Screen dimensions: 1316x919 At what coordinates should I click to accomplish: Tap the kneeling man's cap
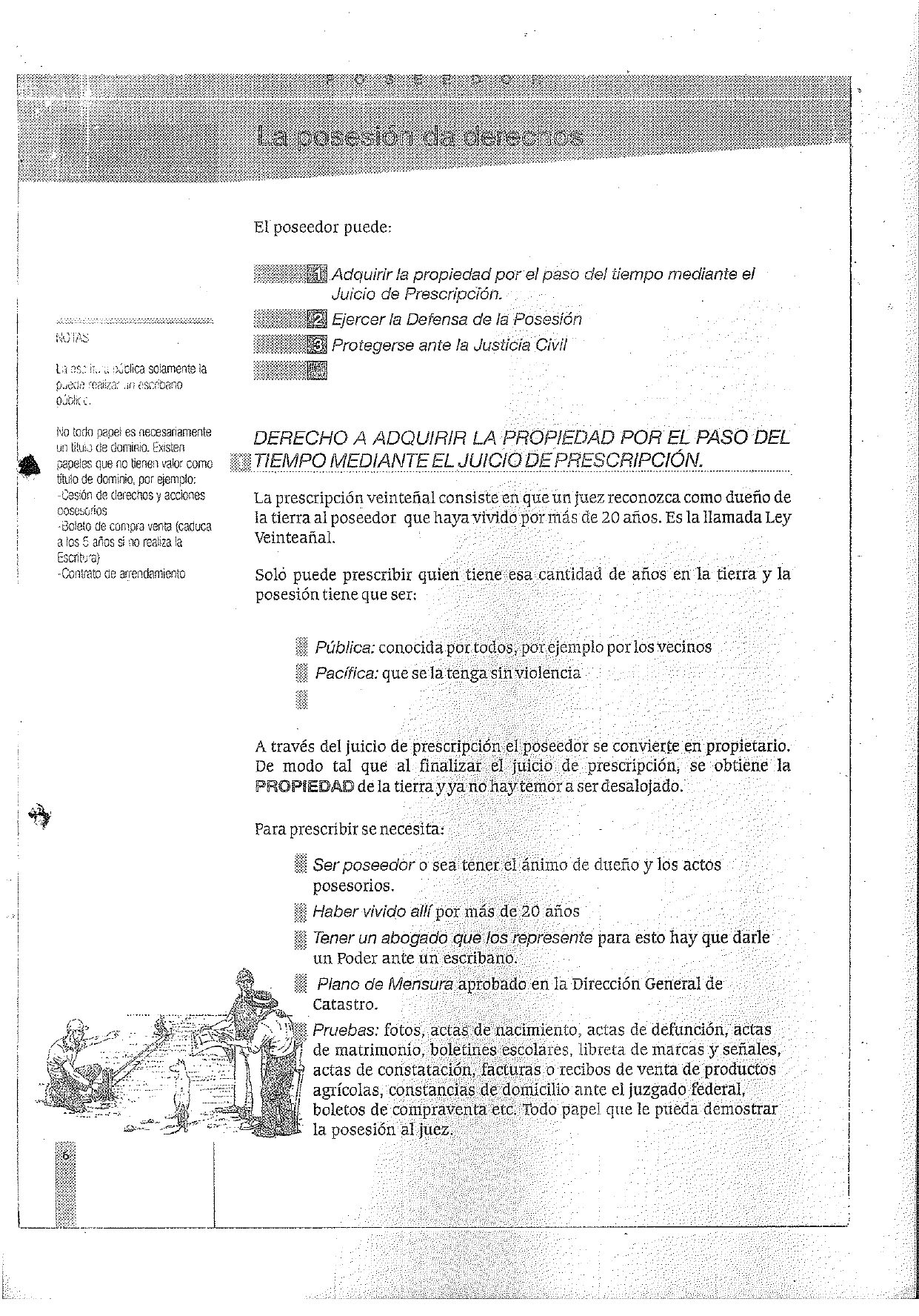click(x=77, y=1027)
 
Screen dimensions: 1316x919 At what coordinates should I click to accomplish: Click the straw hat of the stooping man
click(x=264, y=1002)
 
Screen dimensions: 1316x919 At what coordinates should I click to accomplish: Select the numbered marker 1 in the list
click(x=317, y=275)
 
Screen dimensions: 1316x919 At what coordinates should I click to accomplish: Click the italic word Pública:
click(x=344, y=648)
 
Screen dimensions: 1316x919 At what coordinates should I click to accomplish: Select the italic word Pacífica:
click(x=347, y=674)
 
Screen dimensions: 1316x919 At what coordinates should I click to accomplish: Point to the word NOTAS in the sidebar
click(x=72, y=338)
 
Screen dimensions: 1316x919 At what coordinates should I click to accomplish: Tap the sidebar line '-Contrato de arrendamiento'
click(x=121, y=574)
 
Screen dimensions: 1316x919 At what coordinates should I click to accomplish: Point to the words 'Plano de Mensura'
click(x=385, y=985)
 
